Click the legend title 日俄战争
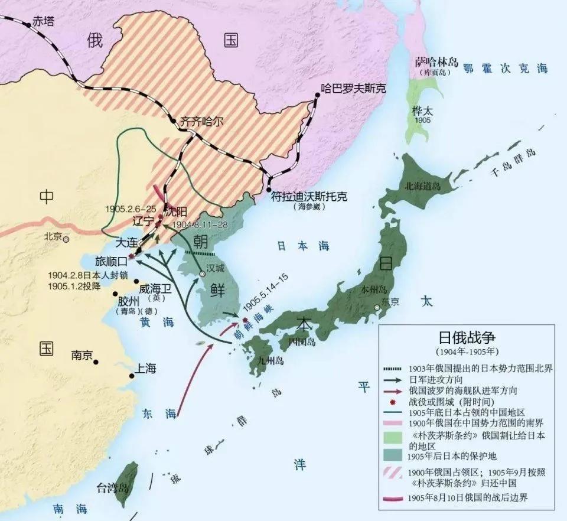tap(466, 337)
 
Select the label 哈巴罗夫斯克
tap(353, 89)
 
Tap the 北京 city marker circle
tap(67, 239)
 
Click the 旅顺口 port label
tap(111, 260)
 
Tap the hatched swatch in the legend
tap(392, 478)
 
